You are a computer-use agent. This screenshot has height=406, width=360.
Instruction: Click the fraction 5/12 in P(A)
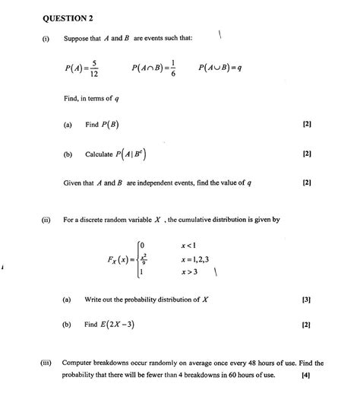tap(93, 68)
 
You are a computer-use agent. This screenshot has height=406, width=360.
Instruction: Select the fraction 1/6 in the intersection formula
tap(175, 68)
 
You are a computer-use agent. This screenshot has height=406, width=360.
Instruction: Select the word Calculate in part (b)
tap(99, 154)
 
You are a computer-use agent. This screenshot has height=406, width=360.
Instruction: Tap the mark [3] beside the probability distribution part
tap(306, 300)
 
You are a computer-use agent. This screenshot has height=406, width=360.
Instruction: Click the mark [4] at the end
tap(305, 376)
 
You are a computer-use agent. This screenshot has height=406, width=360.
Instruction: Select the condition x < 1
tap(189, 244)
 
